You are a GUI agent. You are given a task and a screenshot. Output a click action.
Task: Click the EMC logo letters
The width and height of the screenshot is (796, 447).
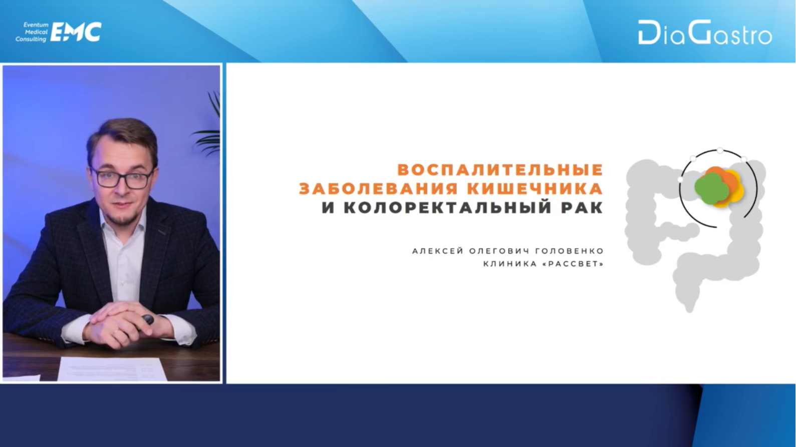coord(76,32)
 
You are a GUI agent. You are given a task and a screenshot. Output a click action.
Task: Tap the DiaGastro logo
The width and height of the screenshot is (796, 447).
coord(705,33)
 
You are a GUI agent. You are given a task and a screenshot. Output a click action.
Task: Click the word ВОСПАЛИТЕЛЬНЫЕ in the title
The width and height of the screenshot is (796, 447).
coord(500,170)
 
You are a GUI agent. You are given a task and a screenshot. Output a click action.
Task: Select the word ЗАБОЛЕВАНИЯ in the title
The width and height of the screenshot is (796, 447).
coord(378,189)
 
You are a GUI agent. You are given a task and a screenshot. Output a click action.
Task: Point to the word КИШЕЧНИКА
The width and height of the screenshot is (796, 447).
coord(535,189)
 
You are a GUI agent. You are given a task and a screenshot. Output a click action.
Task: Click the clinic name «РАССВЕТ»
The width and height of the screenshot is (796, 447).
coord(574,264)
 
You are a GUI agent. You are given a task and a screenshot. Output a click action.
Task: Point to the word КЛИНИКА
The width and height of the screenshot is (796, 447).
coord(510,264)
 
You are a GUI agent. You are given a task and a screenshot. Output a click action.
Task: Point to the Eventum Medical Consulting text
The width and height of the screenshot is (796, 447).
coord(32,32)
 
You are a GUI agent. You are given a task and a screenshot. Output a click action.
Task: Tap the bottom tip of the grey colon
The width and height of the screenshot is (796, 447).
coord(690,311)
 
